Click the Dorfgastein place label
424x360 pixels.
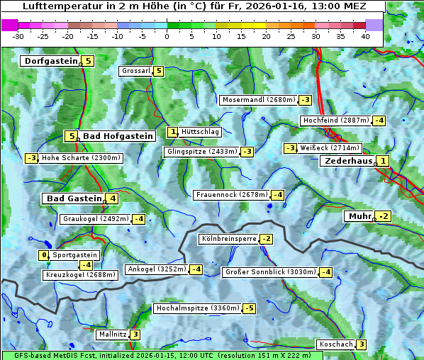point(50,61)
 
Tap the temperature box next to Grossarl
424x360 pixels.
point(159,71)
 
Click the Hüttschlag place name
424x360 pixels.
point(201,132)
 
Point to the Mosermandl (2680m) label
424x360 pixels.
point(259,100)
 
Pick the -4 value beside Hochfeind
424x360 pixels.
point(379,120)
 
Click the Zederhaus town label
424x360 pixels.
point(348,162)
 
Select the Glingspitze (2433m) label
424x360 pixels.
point(202,152)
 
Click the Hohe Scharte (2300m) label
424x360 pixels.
point(81,158)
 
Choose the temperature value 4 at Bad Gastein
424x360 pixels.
point(112,198)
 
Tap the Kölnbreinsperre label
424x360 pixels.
point(228,239)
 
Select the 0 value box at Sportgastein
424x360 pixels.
point(44,255)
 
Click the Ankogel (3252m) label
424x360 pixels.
point(156,269)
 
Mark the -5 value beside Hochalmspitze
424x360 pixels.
point(249,309)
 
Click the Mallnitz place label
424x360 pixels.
point(112,334)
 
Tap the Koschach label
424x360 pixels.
point(335,344)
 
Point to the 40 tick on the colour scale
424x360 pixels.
point(365,36)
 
